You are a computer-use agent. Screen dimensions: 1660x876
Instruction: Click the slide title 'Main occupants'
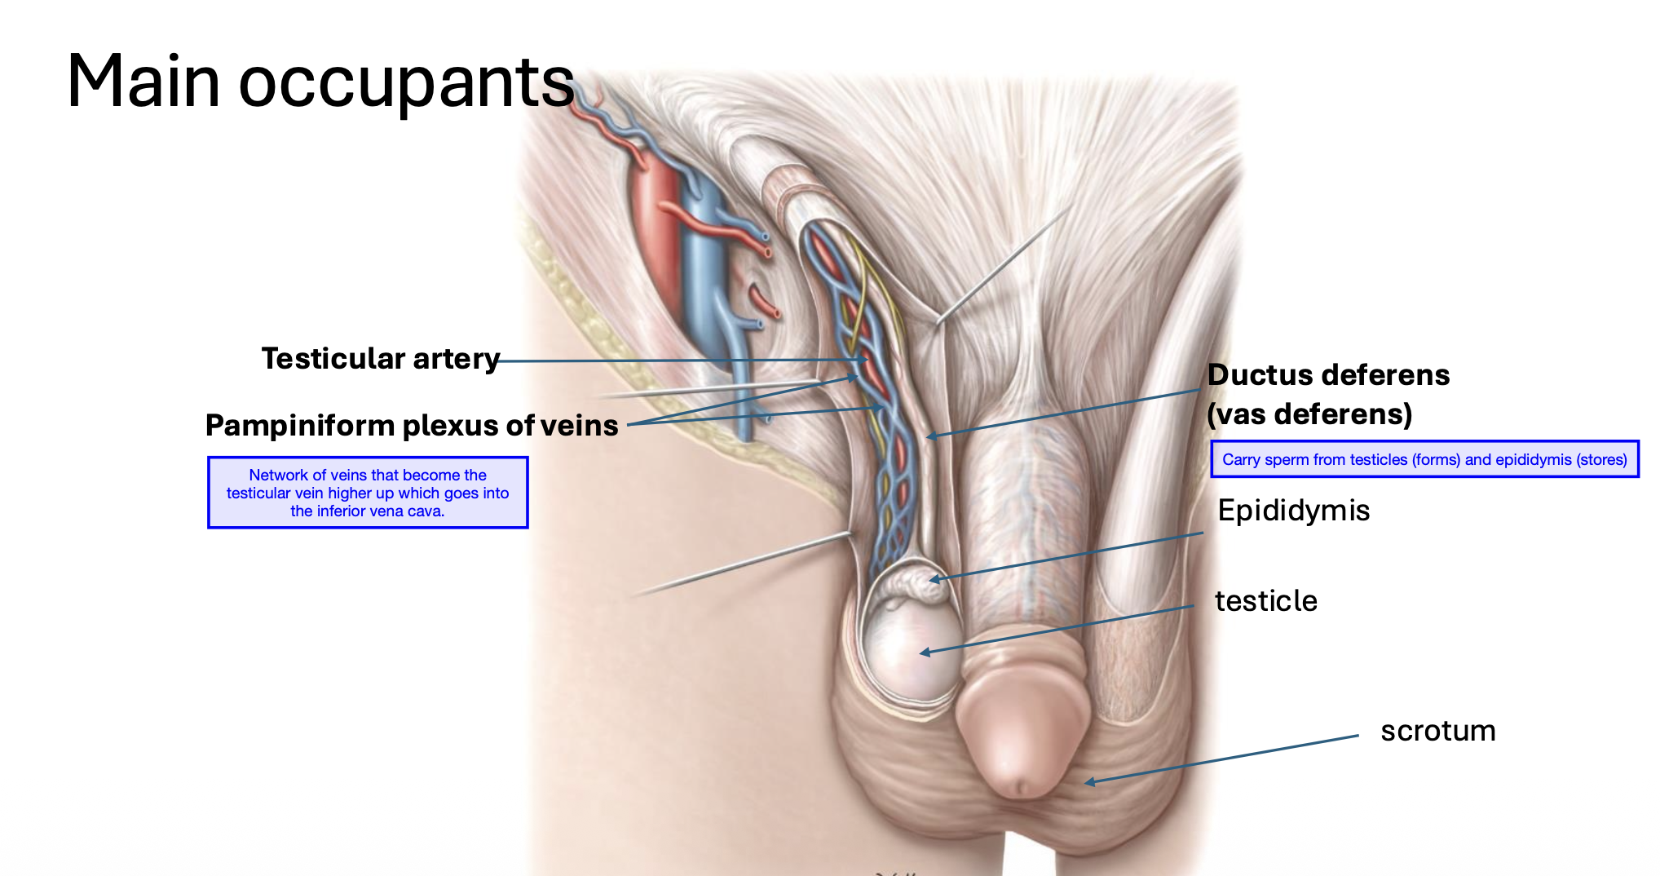320,82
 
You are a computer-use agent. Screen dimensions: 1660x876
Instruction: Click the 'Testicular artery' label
380,359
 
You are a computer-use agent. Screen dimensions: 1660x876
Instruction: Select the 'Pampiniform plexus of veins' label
412,425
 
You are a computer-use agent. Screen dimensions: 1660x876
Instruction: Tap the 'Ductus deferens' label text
1328,375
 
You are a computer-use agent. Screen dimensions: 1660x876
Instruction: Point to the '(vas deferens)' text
1309,414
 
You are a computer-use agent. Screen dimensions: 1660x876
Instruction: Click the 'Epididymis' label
1293,511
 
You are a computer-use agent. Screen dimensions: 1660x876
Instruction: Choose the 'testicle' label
1265,601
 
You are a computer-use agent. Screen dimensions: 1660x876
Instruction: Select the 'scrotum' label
1437,731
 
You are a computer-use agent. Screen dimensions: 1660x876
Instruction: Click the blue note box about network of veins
368,493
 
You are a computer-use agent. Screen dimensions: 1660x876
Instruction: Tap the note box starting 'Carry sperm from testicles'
1424,459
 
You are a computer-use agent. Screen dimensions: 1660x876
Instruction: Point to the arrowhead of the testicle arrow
924,653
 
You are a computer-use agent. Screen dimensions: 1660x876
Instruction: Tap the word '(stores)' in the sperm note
1602,459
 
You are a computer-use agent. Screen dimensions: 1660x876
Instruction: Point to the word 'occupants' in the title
406,82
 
